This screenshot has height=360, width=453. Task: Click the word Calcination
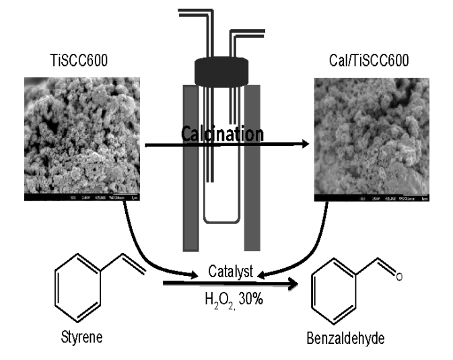(222, 135)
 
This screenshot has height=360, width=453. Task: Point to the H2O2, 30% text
(232, 297)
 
